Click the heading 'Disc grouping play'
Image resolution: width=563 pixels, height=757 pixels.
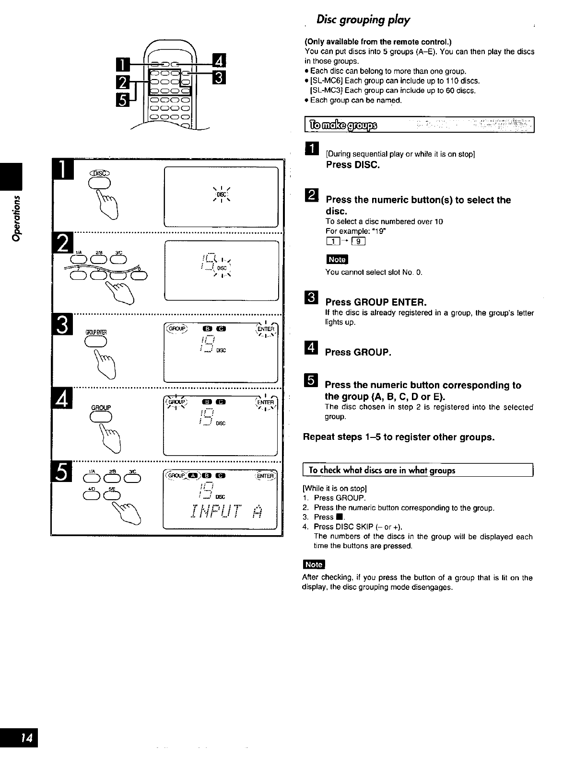click(363, 20)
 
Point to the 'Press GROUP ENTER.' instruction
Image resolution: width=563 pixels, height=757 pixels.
click(375, 302)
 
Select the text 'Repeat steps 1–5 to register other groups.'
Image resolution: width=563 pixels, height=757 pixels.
click(399, 437)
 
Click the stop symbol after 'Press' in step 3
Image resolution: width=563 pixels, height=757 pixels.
click(338, 517)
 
